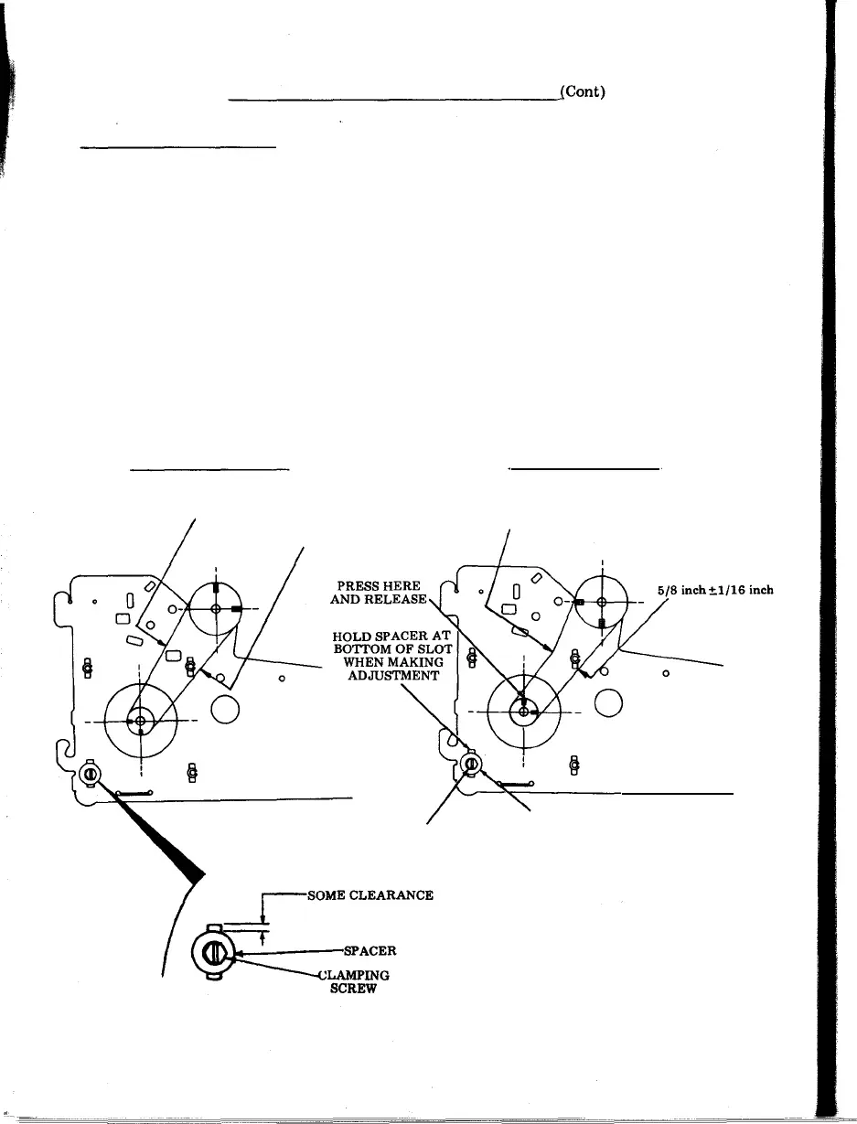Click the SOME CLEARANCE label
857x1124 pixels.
tap(370, 895)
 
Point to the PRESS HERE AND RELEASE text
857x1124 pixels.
tap(377, 593)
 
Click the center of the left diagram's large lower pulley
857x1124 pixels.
tap(140, 722)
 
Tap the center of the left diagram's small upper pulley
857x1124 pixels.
tap(216, 608)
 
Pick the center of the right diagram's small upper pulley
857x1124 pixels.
tap(601, 602)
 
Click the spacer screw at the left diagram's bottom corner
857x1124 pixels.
tap(91, 775)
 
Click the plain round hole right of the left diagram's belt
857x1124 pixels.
tap(225, 709)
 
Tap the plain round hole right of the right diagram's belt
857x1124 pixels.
tap(608, 701)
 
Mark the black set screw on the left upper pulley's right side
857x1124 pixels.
tap(236, 608)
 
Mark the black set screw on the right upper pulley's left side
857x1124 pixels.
tap(580, 602)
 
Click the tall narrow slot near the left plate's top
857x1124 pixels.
tap(130, 601)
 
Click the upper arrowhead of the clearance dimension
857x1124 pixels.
tap(263, 919)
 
